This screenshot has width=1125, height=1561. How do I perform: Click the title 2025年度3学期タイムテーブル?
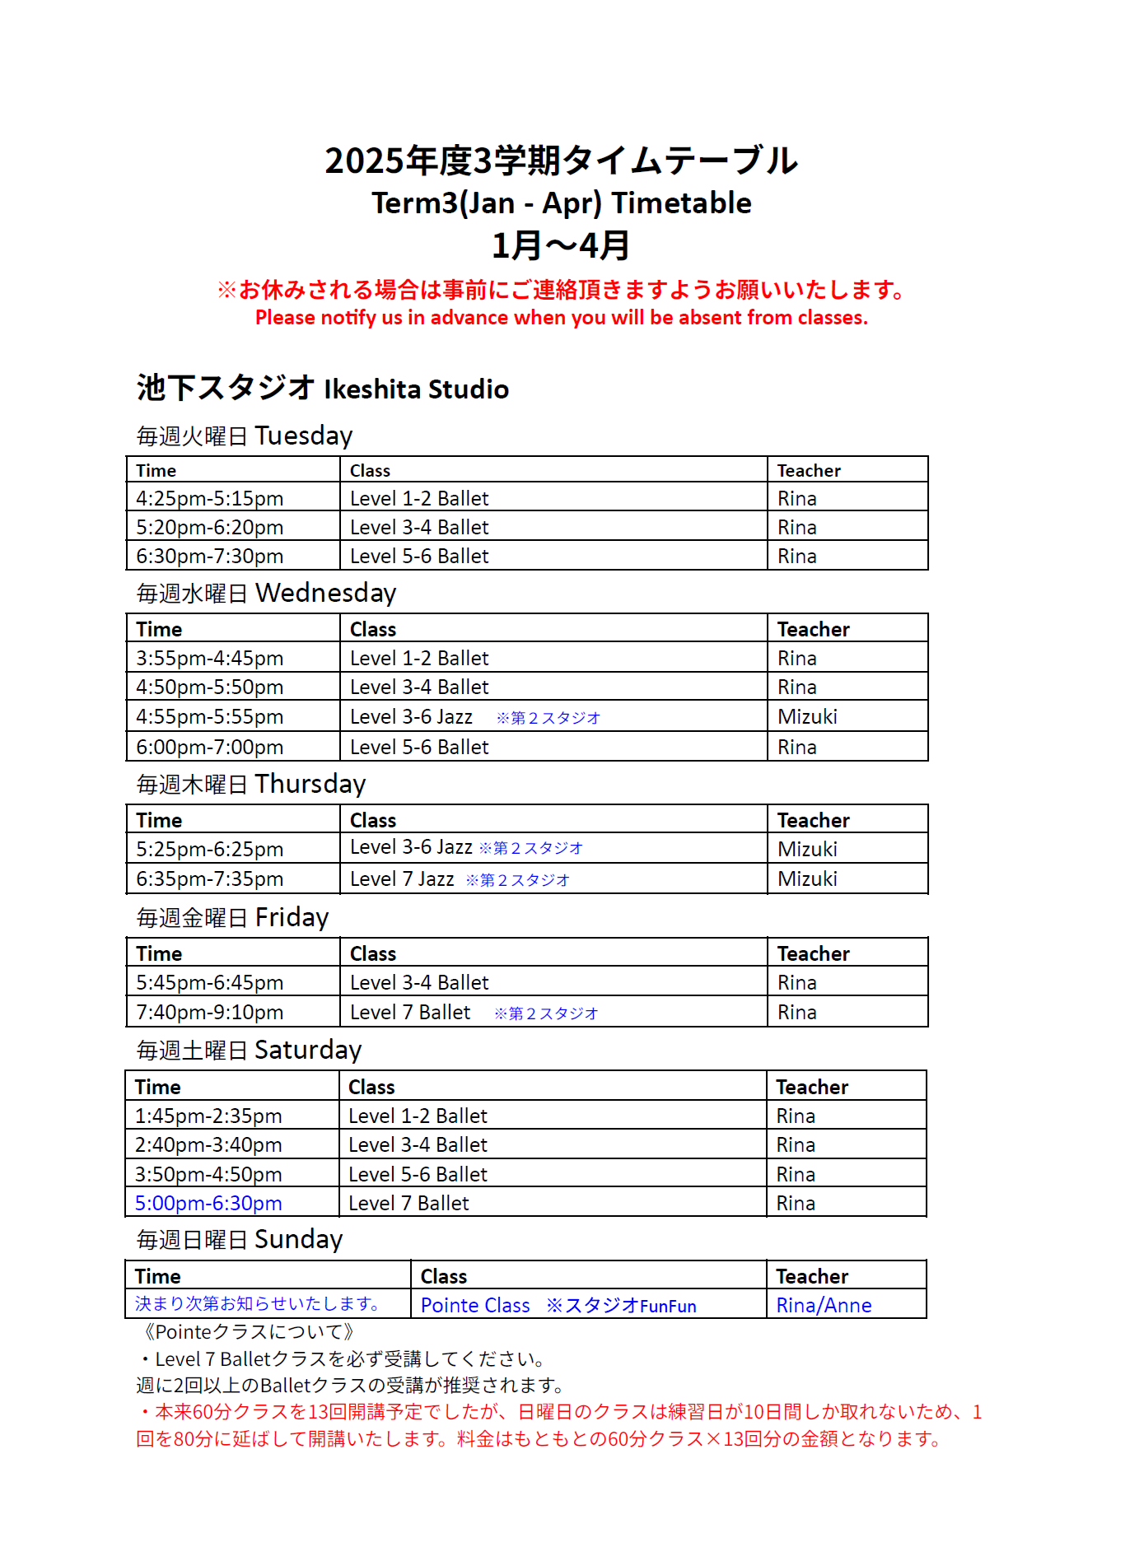(x=562, y=161)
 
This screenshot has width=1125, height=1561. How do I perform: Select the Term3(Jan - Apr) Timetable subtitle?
(x=562, y=203)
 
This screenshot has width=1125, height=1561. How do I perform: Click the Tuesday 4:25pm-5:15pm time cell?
(x=210, y=499)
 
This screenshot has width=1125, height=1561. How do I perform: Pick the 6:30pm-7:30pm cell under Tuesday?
(x=210, y=557)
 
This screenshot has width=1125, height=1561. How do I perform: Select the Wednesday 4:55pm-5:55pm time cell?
(x=210, y=717)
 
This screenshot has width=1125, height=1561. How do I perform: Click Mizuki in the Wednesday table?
(x=807, y=717)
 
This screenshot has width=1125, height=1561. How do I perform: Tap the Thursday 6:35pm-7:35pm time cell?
(x=210, y=879)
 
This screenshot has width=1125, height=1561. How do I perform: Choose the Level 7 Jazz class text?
(x=402, y=879)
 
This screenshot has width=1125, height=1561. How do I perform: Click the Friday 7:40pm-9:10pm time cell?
(x=210, y=1013)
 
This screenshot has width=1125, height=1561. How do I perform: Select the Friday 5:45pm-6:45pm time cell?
(x=210, y=983)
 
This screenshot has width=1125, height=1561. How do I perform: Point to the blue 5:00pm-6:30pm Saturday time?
(x=208, y=1204)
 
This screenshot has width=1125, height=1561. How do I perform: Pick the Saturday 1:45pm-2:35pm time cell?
(x=208, y=1116)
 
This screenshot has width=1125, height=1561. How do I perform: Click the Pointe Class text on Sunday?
(x=475, y=1306)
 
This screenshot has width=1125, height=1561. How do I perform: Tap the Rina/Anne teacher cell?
(x=824, y=1306)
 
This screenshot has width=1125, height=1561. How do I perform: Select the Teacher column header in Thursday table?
(x=813, y=821)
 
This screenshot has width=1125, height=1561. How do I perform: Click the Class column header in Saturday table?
(x=371, y=1088)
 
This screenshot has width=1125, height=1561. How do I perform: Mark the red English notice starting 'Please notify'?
(x=562, y=318)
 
